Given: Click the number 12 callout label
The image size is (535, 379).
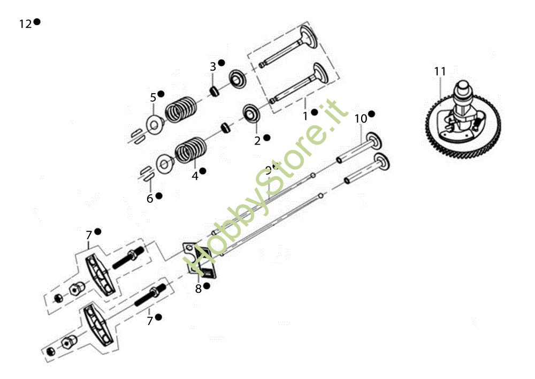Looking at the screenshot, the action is coord(25,24).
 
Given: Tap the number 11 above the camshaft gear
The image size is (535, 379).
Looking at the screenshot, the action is coord(440,71).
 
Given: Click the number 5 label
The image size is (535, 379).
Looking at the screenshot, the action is coord(153,97).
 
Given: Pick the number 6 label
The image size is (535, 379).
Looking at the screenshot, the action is coord(150,199).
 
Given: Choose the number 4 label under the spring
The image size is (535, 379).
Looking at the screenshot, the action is coord(195,175).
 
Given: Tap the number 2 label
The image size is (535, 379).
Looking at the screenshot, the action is coord(257,141).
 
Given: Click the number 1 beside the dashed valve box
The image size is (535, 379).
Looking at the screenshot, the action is coord(305,116).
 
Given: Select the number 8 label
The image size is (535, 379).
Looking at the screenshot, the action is coord(198,289).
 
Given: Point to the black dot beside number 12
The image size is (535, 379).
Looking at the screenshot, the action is coord(37,22).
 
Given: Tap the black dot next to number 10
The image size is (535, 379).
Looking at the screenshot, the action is coord(371,114).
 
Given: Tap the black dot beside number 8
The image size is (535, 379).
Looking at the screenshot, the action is coord(207,286).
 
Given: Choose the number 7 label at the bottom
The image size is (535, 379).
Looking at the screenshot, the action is coord(150,321).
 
